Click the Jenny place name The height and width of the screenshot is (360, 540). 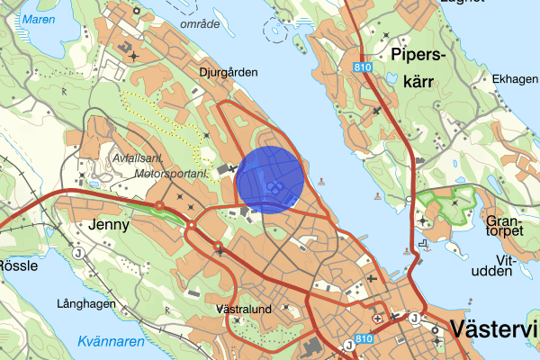click(x=109, y=227)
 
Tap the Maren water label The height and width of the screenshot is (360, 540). click(x=38, y=19)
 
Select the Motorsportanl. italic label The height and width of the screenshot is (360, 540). click(x=170, y=173)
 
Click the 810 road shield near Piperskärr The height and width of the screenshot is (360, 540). click(x=362, y=67)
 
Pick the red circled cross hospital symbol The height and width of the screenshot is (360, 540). click(x=378, y=318)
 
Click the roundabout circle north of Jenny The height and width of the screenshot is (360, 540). click(x=160, y=207)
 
